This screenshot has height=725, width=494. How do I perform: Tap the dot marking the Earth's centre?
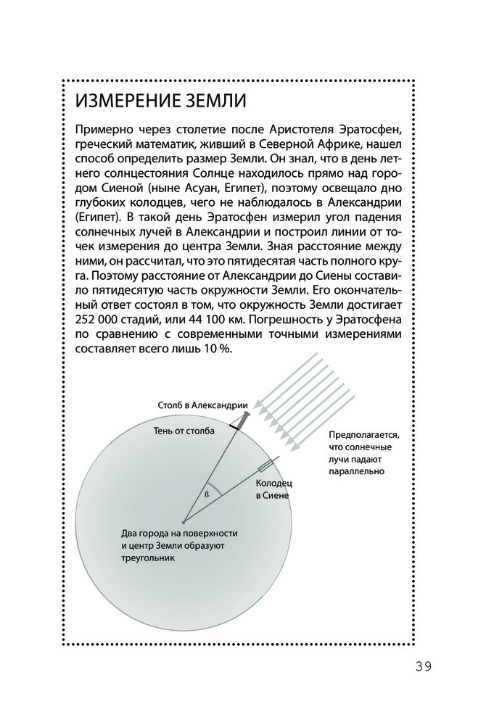tap(184, 521)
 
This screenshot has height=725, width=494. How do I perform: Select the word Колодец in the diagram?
tap(274, 482)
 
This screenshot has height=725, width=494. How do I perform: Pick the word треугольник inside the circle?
tap(148, 559)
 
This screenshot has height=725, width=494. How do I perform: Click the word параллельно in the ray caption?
tap(355, 471)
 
